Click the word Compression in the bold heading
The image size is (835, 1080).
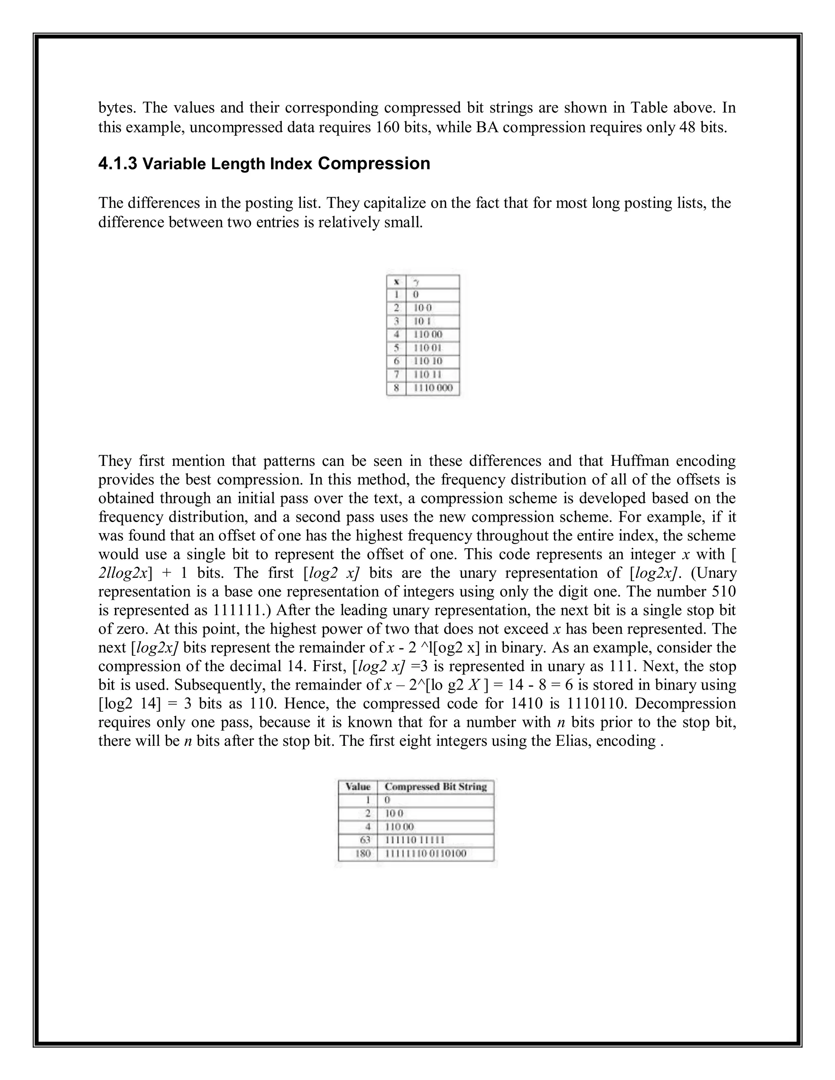pos(373,164)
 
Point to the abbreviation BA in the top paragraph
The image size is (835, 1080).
pos(486,127)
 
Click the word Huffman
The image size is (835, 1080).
pos(640,461)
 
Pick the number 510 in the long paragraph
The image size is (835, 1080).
pos(723,591)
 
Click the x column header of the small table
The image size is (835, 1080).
pos(396,282)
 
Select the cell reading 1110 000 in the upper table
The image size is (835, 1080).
pos(433,388)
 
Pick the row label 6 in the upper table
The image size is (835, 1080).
pos(396,361)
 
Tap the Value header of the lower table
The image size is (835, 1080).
pos(358,786)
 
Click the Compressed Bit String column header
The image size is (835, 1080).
pos(435,786)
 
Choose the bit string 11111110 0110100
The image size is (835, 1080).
pos(425,853)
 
